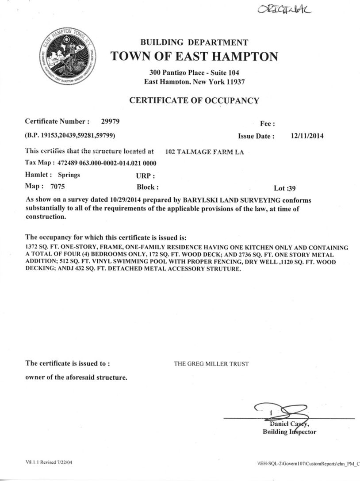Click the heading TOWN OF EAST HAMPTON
[x=194, y=57]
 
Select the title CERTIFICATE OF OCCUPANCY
[x=194, y=100]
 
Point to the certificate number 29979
[x=111, y=121]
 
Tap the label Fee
[x=268, y=124]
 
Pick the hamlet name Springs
[x=69, y=175]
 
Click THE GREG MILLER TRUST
[x=211, y=364]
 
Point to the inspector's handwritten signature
[x=279, y=412]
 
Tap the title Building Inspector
[x=289, y=432]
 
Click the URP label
[x=146, y=175]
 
